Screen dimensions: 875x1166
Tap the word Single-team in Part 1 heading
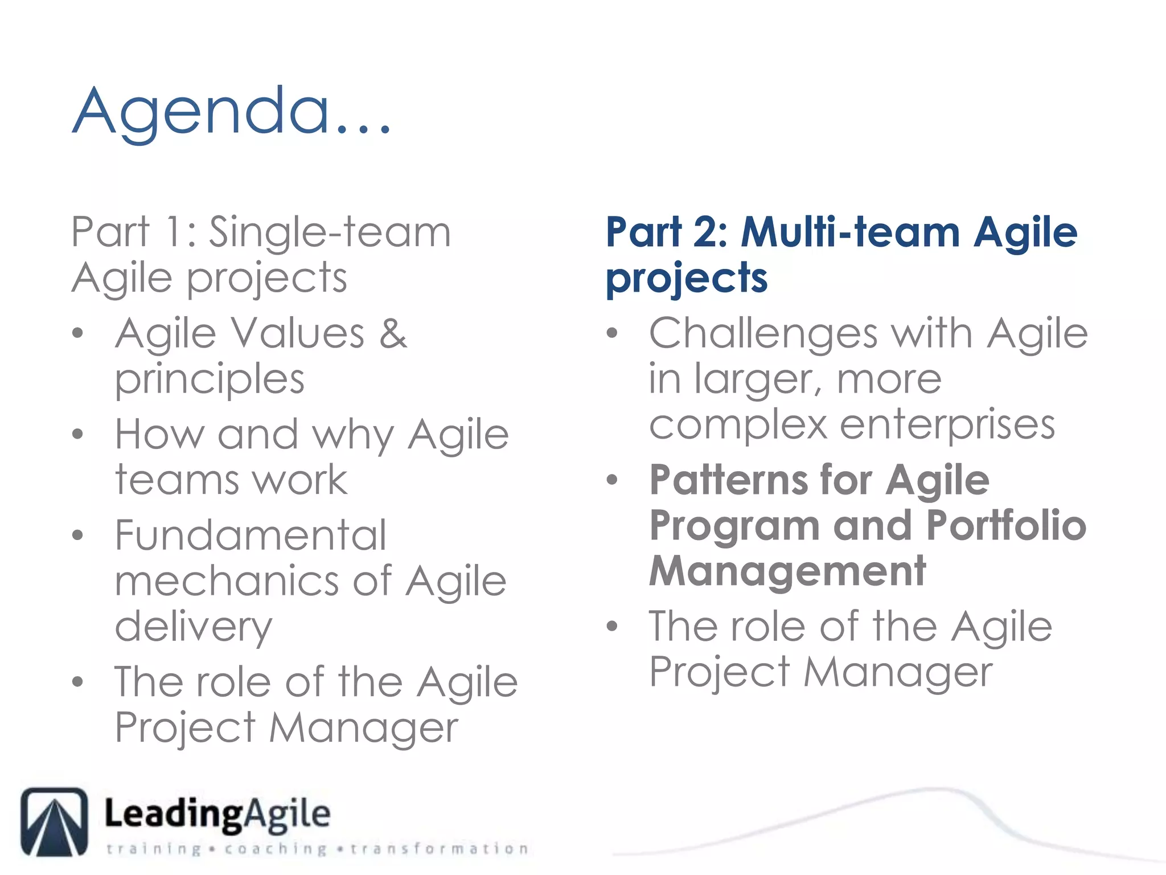pos(330,232)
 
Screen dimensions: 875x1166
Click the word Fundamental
pos(251,535)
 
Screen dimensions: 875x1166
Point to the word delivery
pos(194,627)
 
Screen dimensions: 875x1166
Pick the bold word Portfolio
pos(1006,525)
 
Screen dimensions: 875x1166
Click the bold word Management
pos(787,571)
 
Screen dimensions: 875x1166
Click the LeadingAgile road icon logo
pos(54,821)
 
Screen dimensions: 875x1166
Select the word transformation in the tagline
pos(439,849)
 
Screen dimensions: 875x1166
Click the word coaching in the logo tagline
pos(276,849)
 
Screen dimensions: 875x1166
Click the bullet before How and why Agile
pos(78,435)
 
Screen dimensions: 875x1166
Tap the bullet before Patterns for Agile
pos(612,480)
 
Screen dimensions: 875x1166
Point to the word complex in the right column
pos(738,425)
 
